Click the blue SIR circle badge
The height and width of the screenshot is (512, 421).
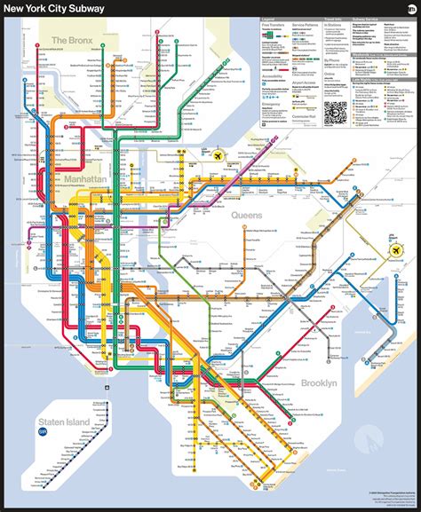[x=42, y=432]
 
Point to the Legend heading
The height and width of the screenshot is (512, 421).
[x=267, y=18]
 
